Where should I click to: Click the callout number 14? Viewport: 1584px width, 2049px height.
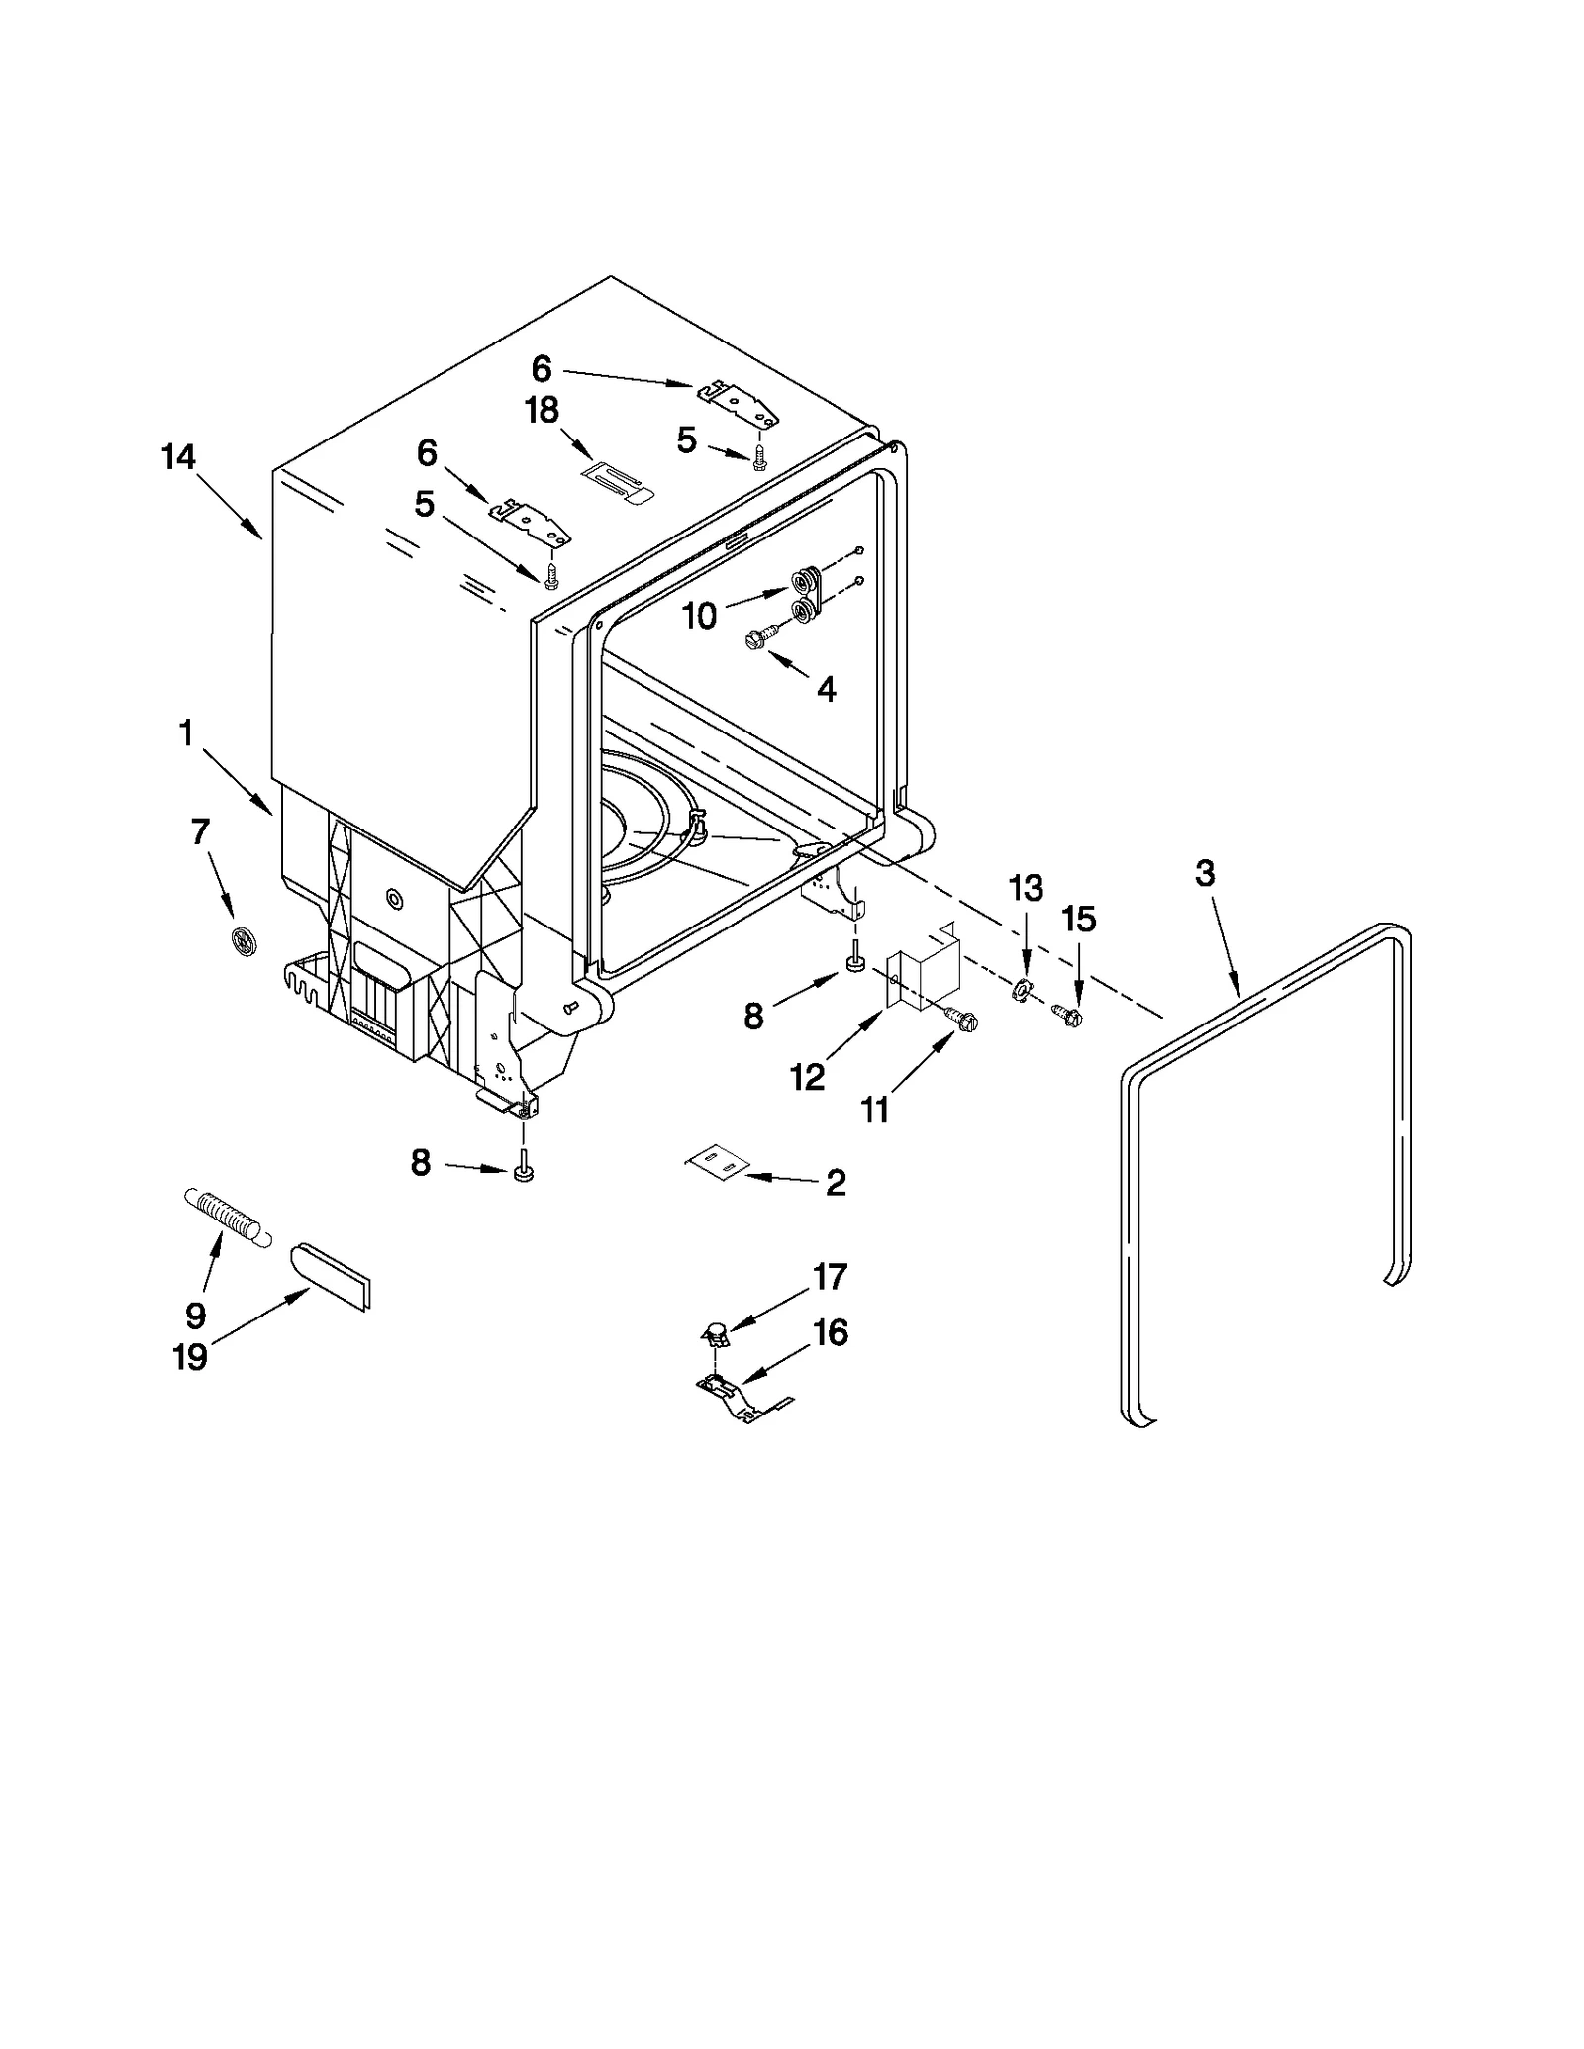click(179, 458)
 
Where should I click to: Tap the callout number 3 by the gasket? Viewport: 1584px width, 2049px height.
click(1205, 874)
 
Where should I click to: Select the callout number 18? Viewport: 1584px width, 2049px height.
click(542, 410)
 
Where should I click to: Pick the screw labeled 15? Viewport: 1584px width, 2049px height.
click(1067, 1015)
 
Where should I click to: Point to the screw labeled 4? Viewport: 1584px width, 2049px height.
click(762, 640)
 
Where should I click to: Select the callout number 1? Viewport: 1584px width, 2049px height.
click(185, 733)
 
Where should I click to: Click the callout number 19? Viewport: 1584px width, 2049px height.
click(190, 1356)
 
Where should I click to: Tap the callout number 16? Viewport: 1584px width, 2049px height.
click(831, 1333)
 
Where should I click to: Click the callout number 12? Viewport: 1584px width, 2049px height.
click(807, 1077)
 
